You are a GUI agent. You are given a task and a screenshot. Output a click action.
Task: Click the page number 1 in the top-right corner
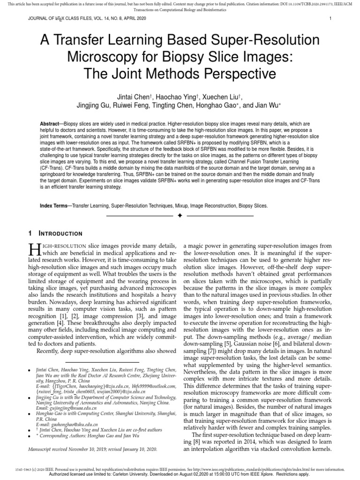pos(330,19)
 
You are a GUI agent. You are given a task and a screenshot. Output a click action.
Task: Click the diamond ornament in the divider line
pos(180,216)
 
